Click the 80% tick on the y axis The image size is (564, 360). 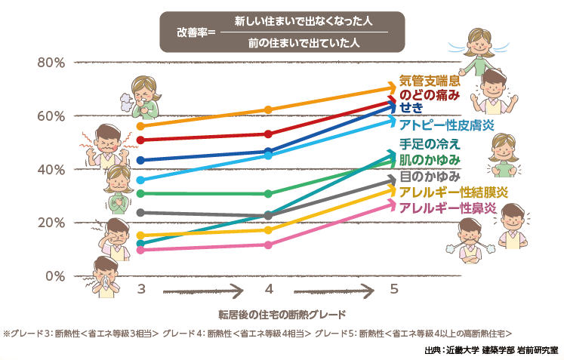tap(51, 63)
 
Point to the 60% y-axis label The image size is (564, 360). tap(51, 116)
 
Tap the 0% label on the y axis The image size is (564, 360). tap(55, 276)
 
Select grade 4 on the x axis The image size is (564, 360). tap(269, 290)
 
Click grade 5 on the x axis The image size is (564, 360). tap(393, 290)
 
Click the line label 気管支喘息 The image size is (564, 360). tap(430, 82)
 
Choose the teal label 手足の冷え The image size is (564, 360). tap(429, 145)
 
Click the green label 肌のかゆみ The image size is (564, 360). tap(429, 160)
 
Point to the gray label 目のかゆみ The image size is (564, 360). tap(429, 177)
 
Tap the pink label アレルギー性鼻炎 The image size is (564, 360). tap(448, 208)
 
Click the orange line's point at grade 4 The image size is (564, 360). tap(269, 109)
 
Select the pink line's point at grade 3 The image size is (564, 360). tap(140, 250)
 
